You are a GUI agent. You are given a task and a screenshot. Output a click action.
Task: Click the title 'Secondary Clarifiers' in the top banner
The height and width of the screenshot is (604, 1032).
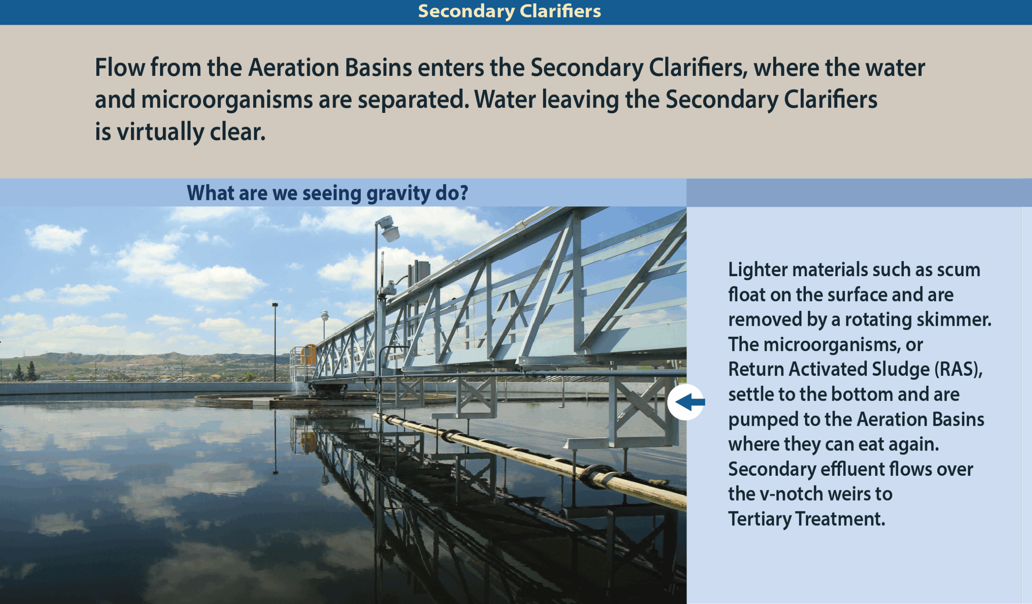[x=510, y=11]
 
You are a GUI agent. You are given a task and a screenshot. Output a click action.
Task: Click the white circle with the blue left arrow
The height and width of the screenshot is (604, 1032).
[x=686, y=402]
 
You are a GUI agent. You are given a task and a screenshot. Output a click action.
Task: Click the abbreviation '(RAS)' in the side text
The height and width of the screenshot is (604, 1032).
[x=959, y=369]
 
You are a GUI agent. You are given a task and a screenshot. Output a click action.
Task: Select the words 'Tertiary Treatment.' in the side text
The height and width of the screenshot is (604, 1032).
[x=806, y=519]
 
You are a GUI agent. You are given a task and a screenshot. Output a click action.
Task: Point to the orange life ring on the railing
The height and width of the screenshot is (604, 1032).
[x=308, y=355]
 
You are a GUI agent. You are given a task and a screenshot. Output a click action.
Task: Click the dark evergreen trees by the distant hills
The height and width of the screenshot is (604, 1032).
[x=25, y=371]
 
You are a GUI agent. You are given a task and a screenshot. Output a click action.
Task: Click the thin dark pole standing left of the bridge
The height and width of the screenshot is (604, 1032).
[x=275, y=342]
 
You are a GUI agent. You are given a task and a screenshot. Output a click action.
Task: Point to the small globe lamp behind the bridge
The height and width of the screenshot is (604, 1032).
[x=325, y=316]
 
